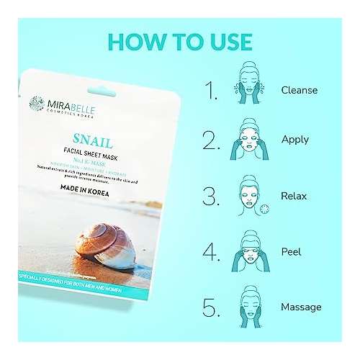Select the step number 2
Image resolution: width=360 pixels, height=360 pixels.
[211, 139]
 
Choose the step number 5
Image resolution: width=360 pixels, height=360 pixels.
[211, 307]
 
